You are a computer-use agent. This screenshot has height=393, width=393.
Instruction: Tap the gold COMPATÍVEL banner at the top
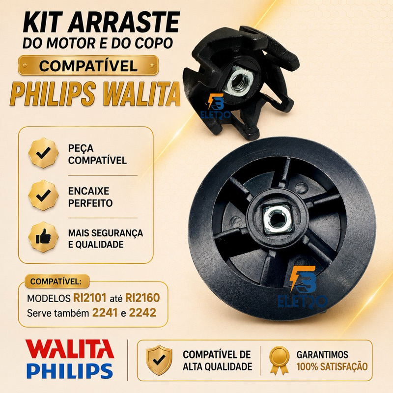(88, 65)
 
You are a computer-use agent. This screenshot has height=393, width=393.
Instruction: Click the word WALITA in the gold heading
(142, 94)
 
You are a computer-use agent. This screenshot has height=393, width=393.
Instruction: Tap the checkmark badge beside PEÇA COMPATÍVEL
(43, 153)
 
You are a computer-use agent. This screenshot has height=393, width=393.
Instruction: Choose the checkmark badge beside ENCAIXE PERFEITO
(43, 195)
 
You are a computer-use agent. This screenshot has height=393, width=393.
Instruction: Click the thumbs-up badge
(43, 237)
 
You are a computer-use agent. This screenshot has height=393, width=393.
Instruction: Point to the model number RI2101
(90, 298)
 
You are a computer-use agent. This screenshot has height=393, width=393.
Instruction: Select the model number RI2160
(142, 298)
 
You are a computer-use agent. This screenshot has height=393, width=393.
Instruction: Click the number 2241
(105, 312)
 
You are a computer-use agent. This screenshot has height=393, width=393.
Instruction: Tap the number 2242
(142, 312)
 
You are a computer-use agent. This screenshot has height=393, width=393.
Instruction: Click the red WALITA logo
(70, 349)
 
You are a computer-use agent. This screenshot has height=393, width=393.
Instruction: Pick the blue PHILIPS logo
(69, 370)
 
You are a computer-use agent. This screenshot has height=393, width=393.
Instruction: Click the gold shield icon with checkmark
(159, 360)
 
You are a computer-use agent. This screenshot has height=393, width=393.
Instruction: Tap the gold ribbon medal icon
(279, 361)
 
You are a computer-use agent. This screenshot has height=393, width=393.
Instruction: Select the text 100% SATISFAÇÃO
(332, 366)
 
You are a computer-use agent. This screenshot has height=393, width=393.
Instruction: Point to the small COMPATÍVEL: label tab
(56, 281)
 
